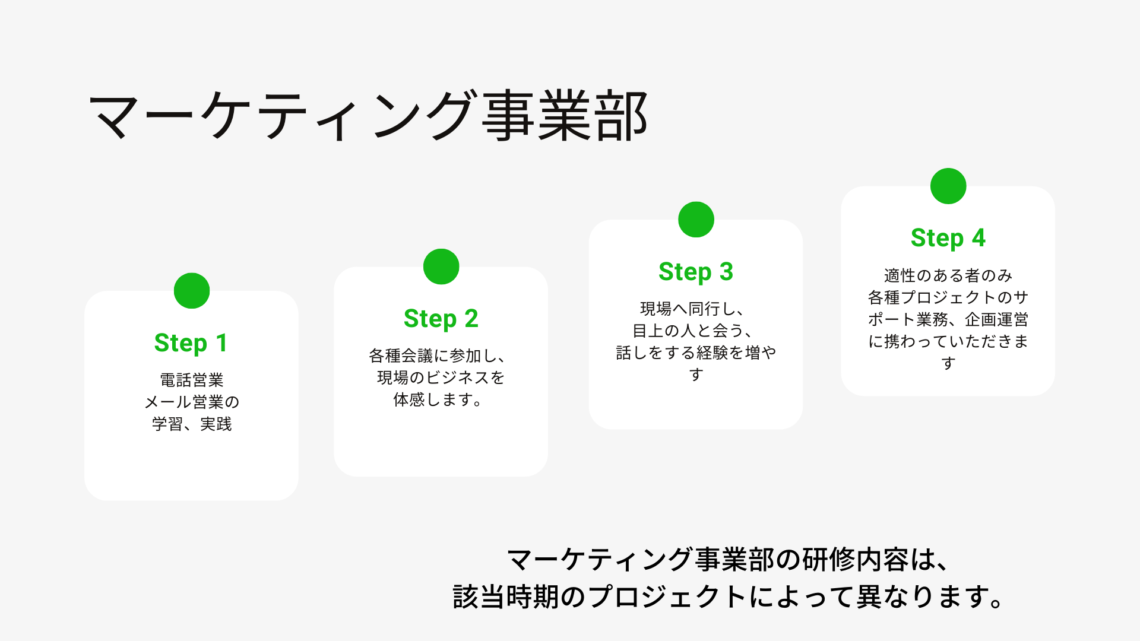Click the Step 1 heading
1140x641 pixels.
click(191, 343)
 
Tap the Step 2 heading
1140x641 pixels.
click(441, 319)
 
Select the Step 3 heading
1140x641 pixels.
click(696, 272)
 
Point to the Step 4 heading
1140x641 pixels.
click(948, 238)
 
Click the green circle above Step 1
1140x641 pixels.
click(192, 291)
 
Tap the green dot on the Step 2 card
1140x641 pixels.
click(441, 266)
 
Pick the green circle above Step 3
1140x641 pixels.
click(696, 220)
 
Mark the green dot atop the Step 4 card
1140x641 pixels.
click(948, 186)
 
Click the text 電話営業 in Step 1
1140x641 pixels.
click(192, 380)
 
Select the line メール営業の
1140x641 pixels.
click(192, 402)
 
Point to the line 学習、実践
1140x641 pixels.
click(192, 424)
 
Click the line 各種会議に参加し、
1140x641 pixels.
click(438, 356)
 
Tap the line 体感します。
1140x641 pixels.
click(438, 399)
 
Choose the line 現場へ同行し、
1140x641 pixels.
click(692, 309)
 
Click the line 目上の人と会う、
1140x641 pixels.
click(692, 331)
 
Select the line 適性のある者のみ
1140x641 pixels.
click(948, 275)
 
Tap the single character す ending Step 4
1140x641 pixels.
click(948, 363)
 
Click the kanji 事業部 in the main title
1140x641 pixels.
click(564, 116)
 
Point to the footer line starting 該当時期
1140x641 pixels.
click(728, 596)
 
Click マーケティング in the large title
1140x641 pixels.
click(283, 116)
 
